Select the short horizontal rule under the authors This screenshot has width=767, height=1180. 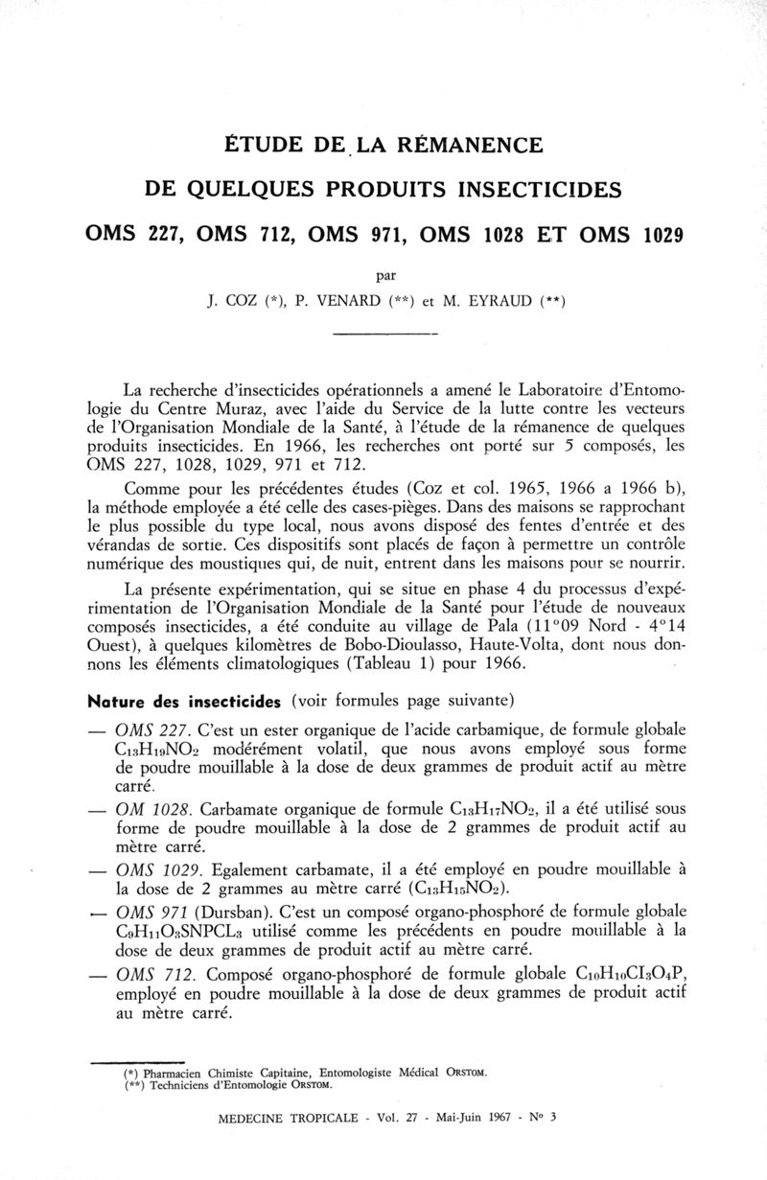tap(383, 333)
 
